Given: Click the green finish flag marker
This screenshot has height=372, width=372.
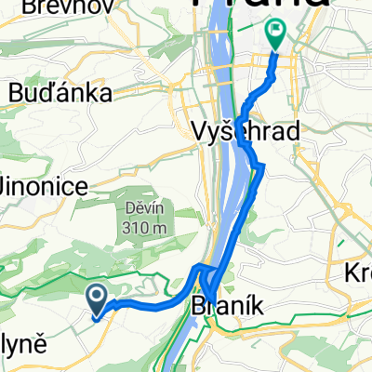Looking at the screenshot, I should point(276,34).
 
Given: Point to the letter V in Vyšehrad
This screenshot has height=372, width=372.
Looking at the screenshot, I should point(197,132).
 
